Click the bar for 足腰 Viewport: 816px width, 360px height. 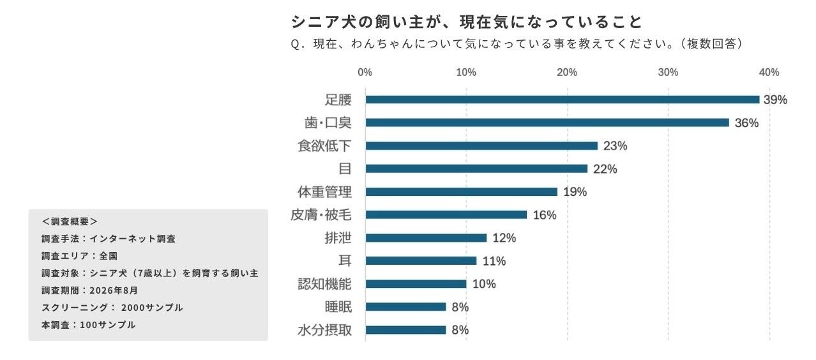(563, 100)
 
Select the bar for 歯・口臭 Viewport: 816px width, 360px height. (547, 123)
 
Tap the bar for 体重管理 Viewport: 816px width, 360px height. (462, 192)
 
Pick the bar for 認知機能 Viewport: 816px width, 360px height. (416, 284)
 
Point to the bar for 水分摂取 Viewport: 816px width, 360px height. (406, 330)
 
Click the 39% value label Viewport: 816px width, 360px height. (775, 100)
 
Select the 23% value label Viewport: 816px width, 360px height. (616, 146)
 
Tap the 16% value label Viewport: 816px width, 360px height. (545, 215)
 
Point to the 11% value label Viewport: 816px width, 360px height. (494, 261)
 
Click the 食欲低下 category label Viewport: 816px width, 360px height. (324, 146)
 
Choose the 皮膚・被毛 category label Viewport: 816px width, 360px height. (321, 214)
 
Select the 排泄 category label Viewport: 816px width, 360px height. (338, 238)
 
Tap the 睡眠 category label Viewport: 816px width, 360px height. (338, 307)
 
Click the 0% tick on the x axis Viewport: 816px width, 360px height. (365, 72)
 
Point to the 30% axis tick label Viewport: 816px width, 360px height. (668, 72)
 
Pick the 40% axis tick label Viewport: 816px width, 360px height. (769, 72)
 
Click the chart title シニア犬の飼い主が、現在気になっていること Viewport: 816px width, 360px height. (466, 22)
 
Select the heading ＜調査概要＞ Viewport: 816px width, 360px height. (70, 221)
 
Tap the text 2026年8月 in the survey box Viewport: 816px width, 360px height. (114, 290)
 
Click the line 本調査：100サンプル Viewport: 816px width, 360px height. (89, 325)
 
